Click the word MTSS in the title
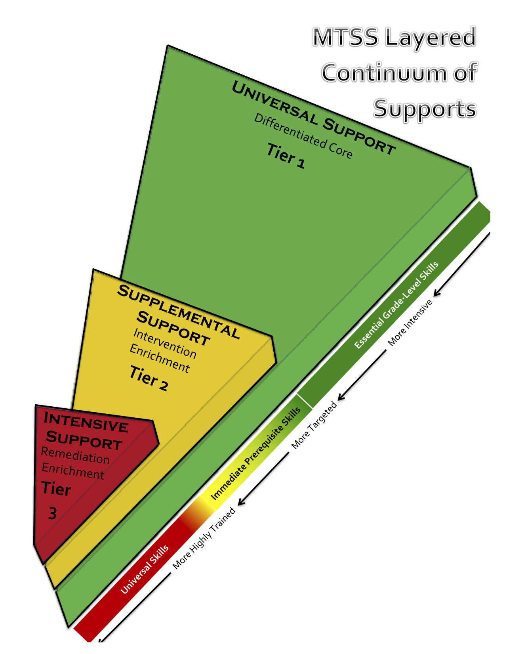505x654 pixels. pyautogui.click(x=345, y=37)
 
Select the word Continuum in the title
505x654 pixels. pyautogui.click(x=384, y=73)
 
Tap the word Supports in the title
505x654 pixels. pyautogui.click(x=425, y=109)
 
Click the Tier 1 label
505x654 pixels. pyautogui.click(x=286, y=155)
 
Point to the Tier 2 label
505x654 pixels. pyautogui.click(x=149, y=378)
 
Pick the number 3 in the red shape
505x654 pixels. pyautogui.click(x=52, y=513)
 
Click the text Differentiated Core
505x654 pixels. pyautogui.click(x=303, y=136)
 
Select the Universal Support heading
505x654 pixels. pyautogui.click(x=314, y=117)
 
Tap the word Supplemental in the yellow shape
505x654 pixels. pyautogui.click(x=178, y=312)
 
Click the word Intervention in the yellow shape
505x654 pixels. pyautogui.click(x=165, y=343)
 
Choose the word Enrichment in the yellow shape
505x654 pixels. pyautogui.click(x=160, y=358)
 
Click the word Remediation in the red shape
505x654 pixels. pyautogui.click(x=75, y=455)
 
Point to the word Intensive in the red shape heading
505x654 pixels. pyautogui.click(x=86, y=422)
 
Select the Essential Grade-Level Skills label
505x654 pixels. pyautogui.click(x=396, y=305)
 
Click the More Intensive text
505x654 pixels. pyautogui.click(x=410, y=322)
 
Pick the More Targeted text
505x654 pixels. pyautogui.click(x=314, y=425)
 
